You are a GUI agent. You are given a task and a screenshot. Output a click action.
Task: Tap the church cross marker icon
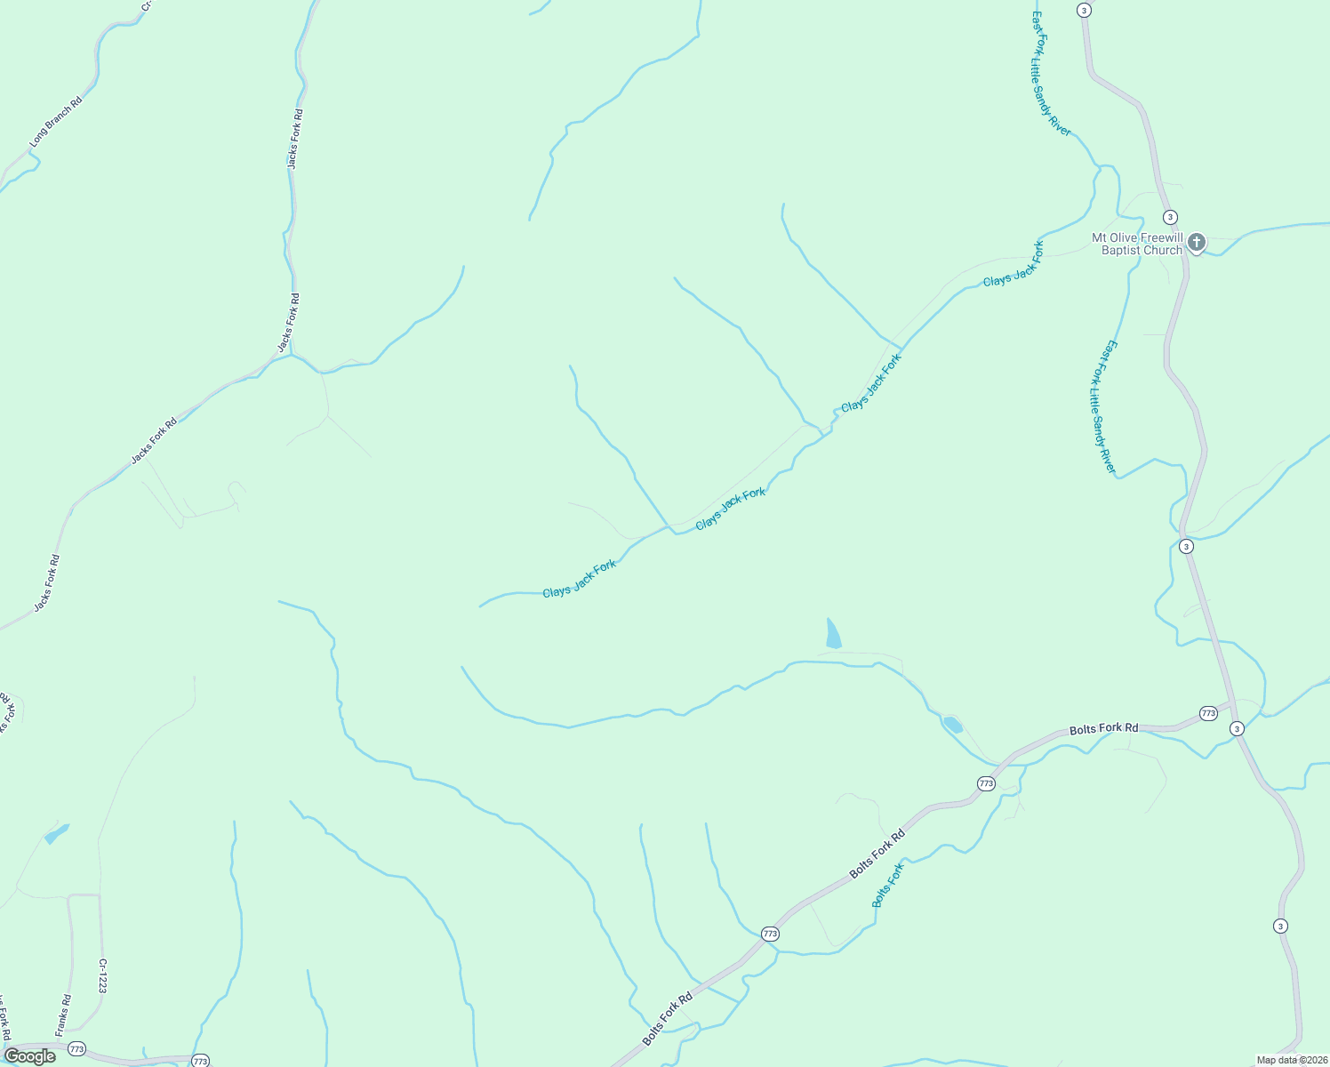pyautogui.click(x=1197, y=242)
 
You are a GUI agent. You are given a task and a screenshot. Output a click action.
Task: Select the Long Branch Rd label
pyautogui.click(x=55, y=122)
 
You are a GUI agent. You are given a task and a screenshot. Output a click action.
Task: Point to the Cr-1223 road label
pyautogui.click(x=103, y=975)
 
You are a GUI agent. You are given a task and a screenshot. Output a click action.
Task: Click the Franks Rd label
pyautogui.click(x=62, y=1015)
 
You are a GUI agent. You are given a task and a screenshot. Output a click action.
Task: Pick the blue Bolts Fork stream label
pyautogui.click(x=887, y=885)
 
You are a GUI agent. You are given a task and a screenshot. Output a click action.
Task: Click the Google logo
pyautogui.click(x=29, y=1056)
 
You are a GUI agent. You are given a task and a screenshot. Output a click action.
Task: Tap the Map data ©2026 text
pyautogui.click(x=1290, y=1060)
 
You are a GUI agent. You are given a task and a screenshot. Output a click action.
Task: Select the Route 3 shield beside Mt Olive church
pyautogui.click(x=1170, y=217)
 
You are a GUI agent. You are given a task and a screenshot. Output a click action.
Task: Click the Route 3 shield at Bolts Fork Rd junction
pyautogui.click(x=1237, y=729)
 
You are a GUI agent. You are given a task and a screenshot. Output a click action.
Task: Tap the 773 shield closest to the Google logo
pyautogui.click(x=76, y=1048)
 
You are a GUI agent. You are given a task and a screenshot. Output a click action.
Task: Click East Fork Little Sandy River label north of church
pyautogui.click(x=1050, y=74)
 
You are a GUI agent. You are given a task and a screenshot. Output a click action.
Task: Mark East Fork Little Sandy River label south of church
pyautogui.click(x=1102, y=406)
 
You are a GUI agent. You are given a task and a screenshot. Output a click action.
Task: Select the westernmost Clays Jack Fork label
pyautogui.click(x=579, y=579)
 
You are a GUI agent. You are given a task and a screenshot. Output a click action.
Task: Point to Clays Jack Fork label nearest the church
pyautogui.click(x=1014, y=263)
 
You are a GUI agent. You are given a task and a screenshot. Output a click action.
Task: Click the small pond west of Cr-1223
pyautogui.click(x=56, y=834)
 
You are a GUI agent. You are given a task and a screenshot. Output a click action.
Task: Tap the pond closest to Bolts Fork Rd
pyautogui.click(x=951, y=724)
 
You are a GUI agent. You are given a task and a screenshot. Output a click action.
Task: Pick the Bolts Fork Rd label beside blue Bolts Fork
pyautogui.click(x=877, y=854)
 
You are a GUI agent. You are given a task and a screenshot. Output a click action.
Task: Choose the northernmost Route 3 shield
pyautogui.click(x=1083, y=10)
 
